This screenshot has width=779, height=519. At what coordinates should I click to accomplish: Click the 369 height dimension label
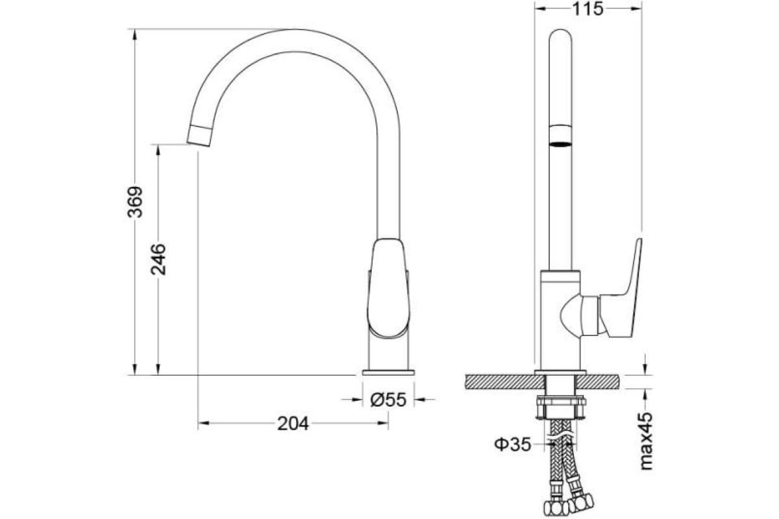(x=135, y=202)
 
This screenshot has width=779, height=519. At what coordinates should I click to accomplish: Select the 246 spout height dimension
(x=158, y=259)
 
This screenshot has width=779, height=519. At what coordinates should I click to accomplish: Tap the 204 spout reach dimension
(x=293, y=424)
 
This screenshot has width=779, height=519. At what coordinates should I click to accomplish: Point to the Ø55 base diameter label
(x=388, y=400)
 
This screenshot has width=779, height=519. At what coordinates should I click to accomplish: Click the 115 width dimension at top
(x=588, y=8)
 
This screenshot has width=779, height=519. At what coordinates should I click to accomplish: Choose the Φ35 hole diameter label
(x=513, y=444)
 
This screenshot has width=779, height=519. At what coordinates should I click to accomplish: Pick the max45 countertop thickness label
(x=646, y=441)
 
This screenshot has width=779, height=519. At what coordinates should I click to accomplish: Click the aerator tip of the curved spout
(x=200, y=136)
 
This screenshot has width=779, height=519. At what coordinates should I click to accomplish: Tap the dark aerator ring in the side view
(x=560, y=143)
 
